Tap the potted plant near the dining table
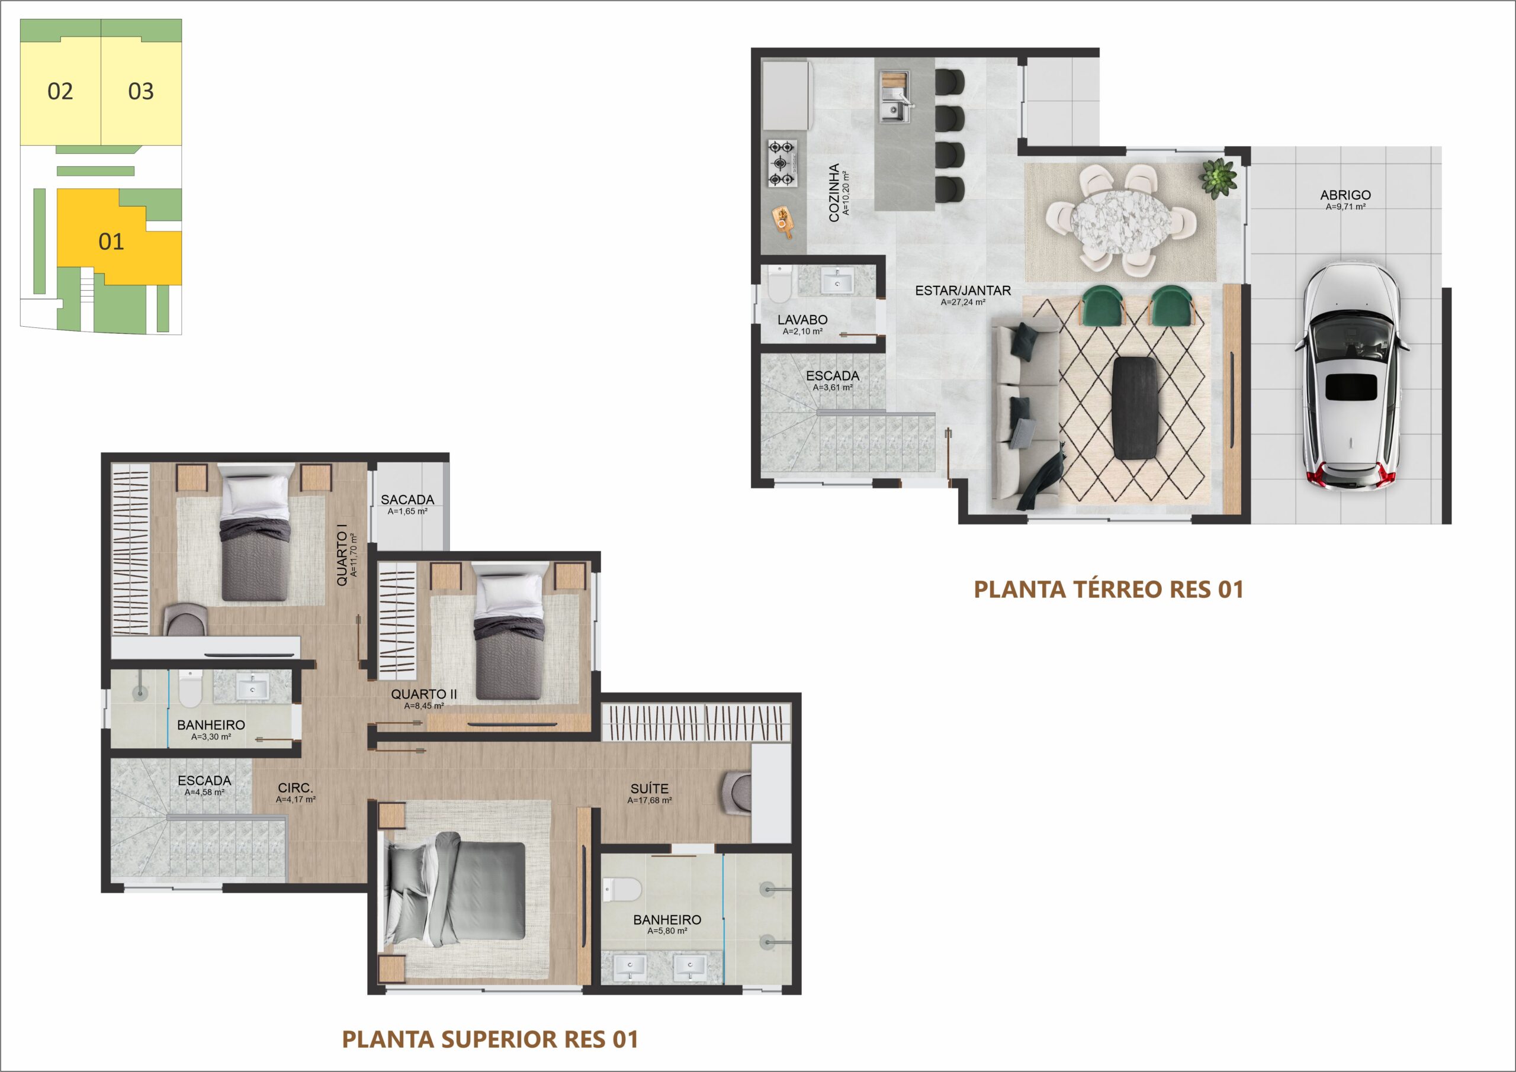tap(1218, 177)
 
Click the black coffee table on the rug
tap(1135, 407)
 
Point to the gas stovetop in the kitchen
tap(782, 163)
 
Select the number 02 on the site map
tap(60, 91)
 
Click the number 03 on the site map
tap(140, 91)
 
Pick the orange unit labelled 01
tap(111, 242)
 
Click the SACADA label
tap(407, 500)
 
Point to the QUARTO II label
tap(424, 694)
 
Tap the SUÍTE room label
tap(650, 789)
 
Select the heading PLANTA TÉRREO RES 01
tap(1109, 590)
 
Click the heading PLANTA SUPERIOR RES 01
tap(490, 1039)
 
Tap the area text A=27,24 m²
tap(963, 303)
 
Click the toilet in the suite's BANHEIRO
tap(621, 889)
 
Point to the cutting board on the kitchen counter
tap(783, 220)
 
